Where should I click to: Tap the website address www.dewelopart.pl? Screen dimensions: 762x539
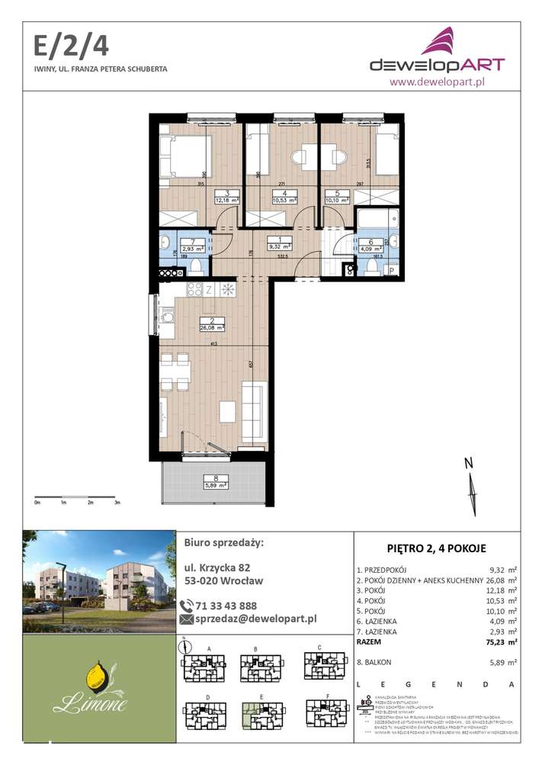point(437,80)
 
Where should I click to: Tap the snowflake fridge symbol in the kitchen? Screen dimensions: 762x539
point(226,289)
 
